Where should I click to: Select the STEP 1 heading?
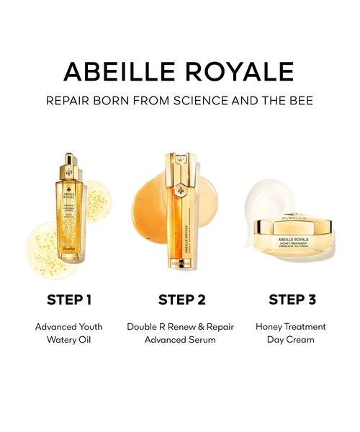(68, 299)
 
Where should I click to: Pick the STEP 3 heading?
(292, 299)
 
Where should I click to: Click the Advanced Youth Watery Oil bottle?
(70, 216)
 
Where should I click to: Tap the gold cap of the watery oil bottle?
(70, 162)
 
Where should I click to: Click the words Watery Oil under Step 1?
(69, 339)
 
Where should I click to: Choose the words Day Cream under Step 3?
(291, 339)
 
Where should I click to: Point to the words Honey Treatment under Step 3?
(291, 326)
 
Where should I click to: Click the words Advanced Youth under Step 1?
(69, 326)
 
